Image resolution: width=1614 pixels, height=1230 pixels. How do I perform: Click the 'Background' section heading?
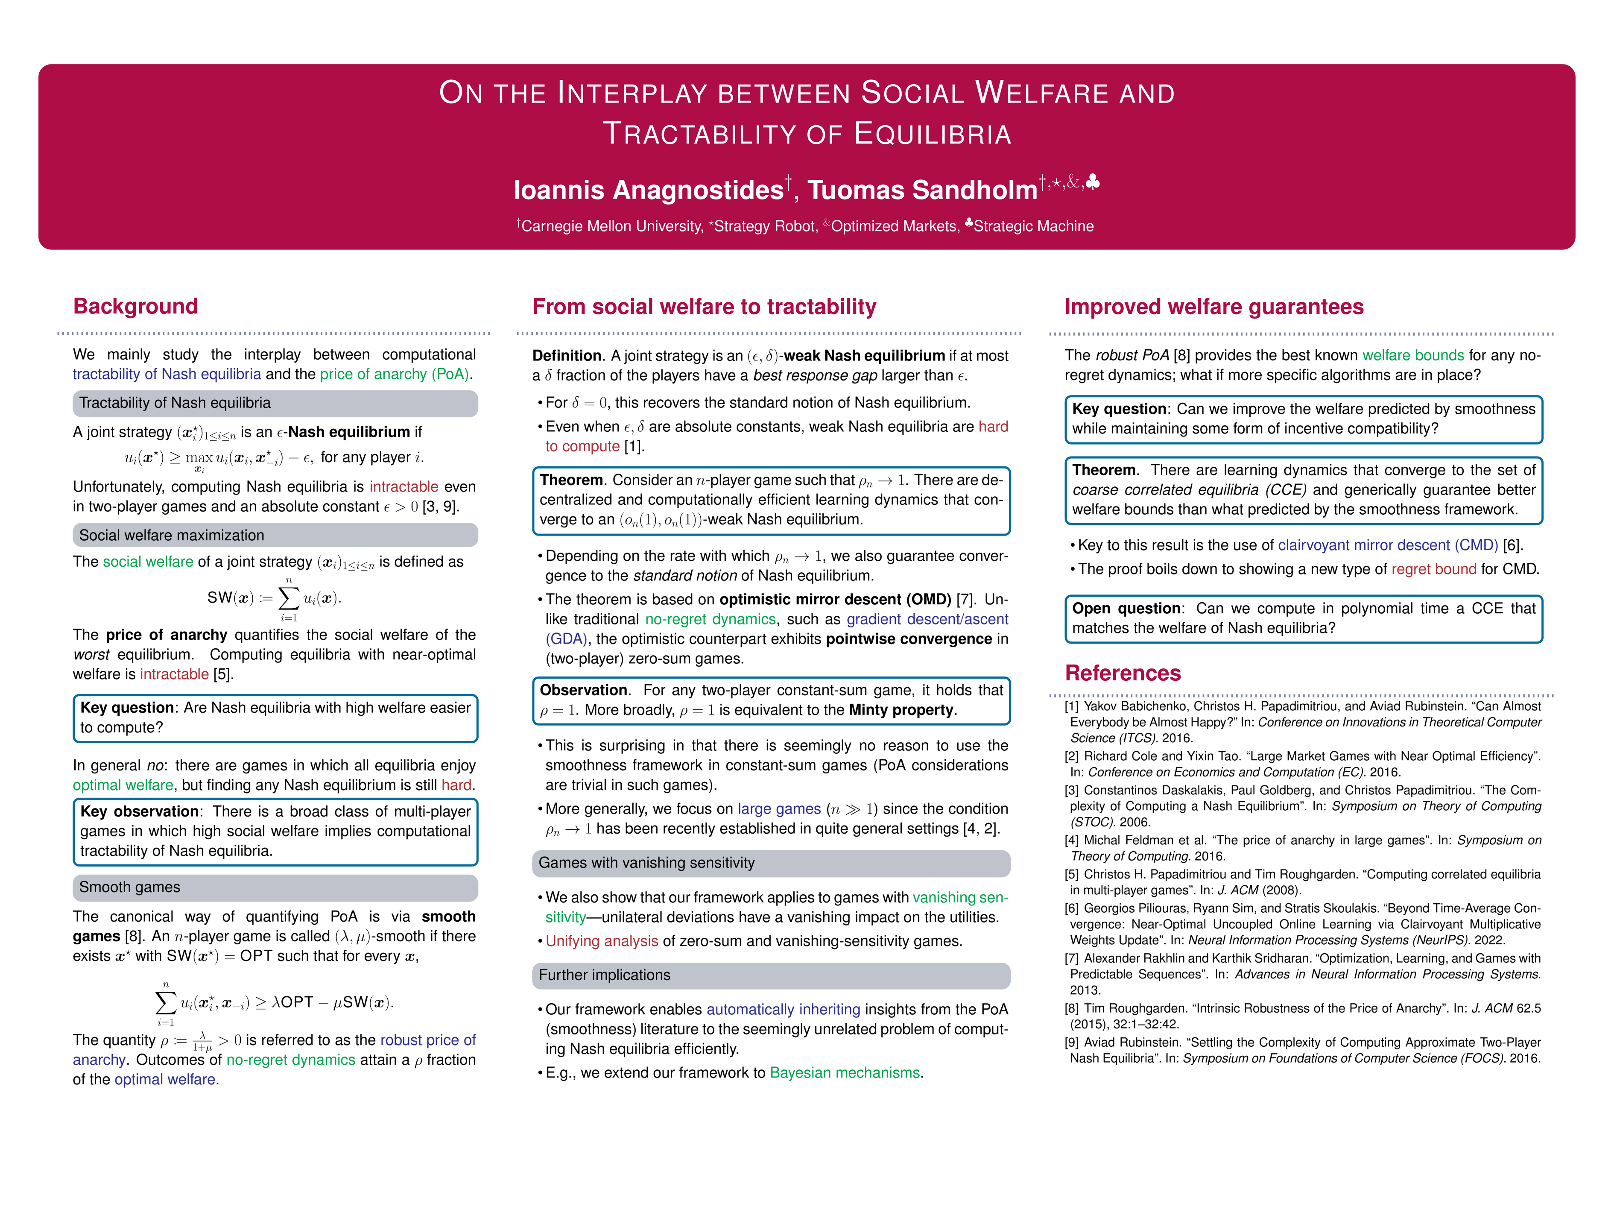pos(135,306)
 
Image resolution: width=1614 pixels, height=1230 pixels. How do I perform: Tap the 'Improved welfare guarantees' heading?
pos(1213,307)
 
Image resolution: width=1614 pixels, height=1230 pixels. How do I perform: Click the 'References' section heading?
pos(1122,673)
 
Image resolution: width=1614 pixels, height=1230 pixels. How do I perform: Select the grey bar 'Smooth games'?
pos(275,887)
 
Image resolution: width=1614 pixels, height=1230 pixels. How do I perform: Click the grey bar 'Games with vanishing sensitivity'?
pos(771,863)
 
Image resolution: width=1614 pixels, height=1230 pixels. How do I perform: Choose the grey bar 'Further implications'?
pos(771,975)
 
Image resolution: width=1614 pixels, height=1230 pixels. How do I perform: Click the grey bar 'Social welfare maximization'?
pos(275,535)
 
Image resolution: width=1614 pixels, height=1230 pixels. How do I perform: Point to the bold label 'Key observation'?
pos(139,811)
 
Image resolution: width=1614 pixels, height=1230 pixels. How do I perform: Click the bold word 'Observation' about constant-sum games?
pos(583,691)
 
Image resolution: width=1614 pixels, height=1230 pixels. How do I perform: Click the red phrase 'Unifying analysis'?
pos(602,942)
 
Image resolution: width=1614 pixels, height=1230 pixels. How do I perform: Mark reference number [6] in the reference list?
pos(1072,908)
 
